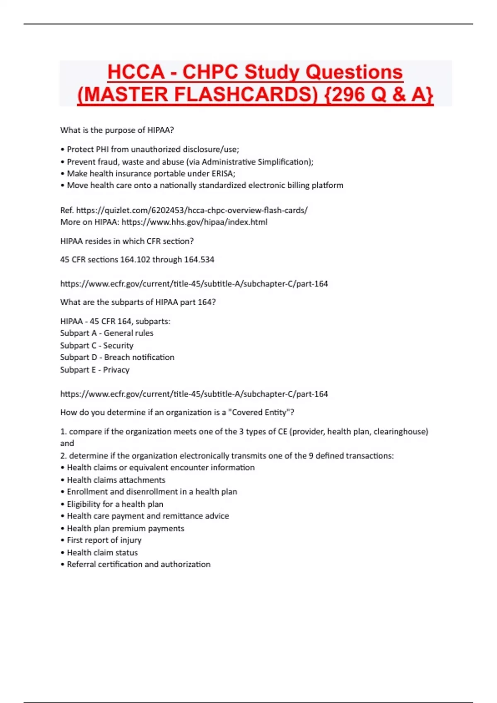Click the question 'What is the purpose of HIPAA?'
click(117, 130)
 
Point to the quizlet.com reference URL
click(192, 210)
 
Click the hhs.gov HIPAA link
click(195, 222)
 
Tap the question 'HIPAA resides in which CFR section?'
click(127, 241)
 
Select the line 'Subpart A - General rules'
click(107, 333)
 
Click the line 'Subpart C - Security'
click(97, 345)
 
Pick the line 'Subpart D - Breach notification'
click(117, 357)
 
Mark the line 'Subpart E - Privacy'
click(95, 370)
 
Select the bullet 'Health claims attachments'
click(116, 480)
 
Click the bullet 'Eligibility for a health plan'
click(115, 504)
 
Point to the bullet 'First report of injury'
click(104, 540)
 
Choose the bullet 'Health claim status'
click(102, 552)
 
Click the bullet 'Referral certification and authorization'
click(139, 564)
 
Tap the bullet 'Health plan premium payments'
click(125, 528)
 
